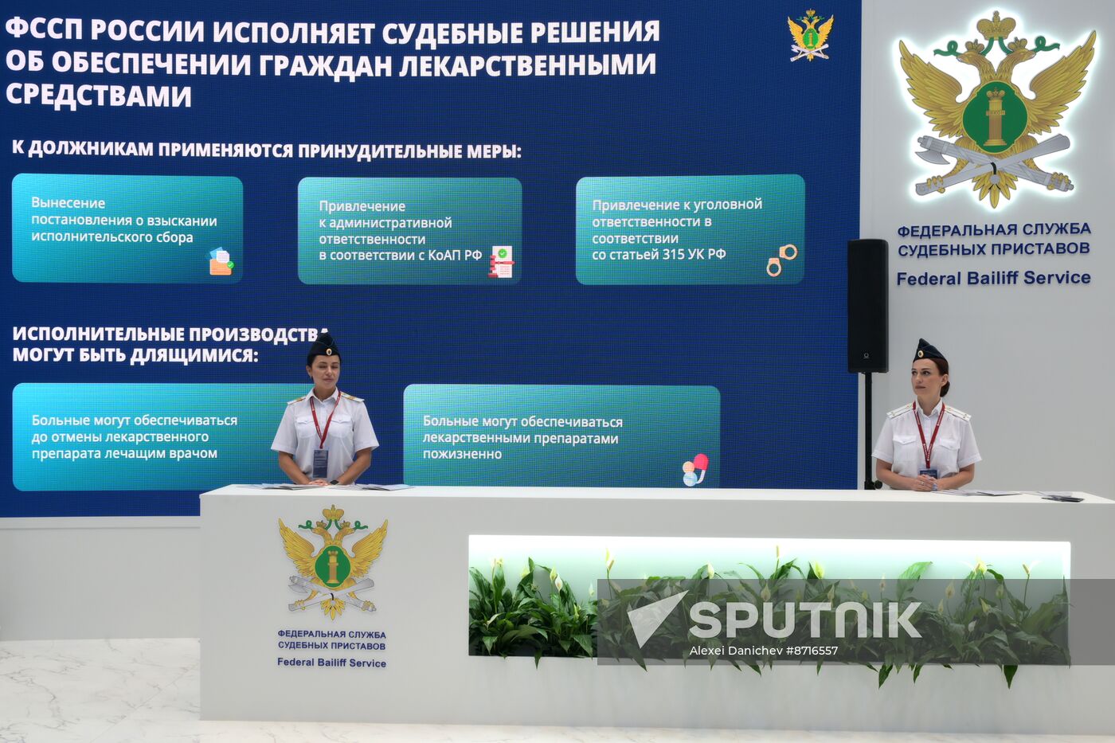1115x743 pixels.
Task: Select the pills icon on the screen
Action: pyautogui.click(x=694, y=469)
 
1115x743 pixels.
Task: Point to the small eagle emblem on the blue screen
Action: pyautogui.click(x=810, y=35)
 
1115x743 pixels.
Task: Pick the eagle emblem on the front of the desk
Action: pyautogui.click(x=333, y=561)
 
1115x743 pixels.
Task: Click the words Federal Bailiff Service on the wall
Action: pyautogui.click(x=993, y=278)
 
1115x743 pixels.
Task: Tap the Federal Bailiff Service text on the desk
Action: pyautogui.click(x=331, y=663)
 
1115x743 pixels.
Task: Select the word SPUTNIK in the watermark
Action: pyautogui.click(x=804, y=620)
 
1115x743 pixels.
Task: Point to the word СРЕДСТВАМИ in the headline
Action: pyautogui.click(x=99, y=96)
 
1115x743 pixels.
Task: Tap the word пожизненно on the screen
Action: pyautogui.click(x=462, y=454)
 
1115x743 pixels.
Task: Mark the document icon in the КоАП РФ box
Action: pyautogui.click(x=501, y=261)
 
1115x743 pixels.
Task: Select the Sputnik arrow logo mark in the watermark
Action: pyautogui.click(x=655, y=618)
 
